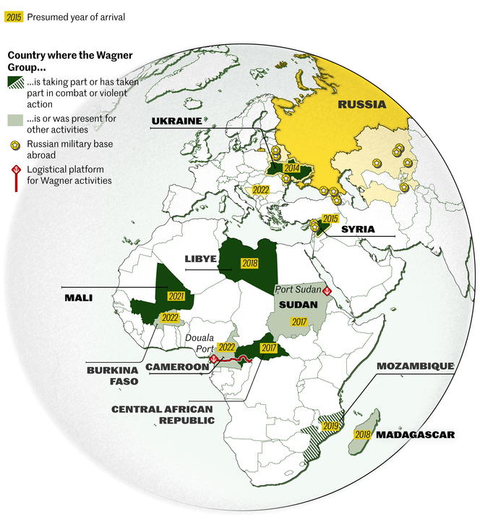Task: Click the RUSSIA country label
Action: (361, 104)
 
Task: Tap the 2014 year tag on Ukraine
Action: (291, 168)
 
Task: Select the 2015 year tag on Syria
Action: (330, 219)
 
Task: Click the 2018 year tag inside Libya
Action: (251, 264)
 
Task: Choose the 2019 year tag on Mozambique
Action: (331, 426)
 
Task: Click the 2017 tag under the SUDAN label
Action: (299, 321)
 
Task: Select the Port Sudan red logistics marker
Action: (327, 290)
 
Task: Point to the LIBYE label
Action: (200, 259)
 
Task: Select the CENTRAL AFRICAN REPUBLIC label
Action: (163, 414)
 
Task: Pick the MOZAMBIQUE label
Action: (415, 366)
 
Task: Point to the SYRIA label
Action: (358, 229)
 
